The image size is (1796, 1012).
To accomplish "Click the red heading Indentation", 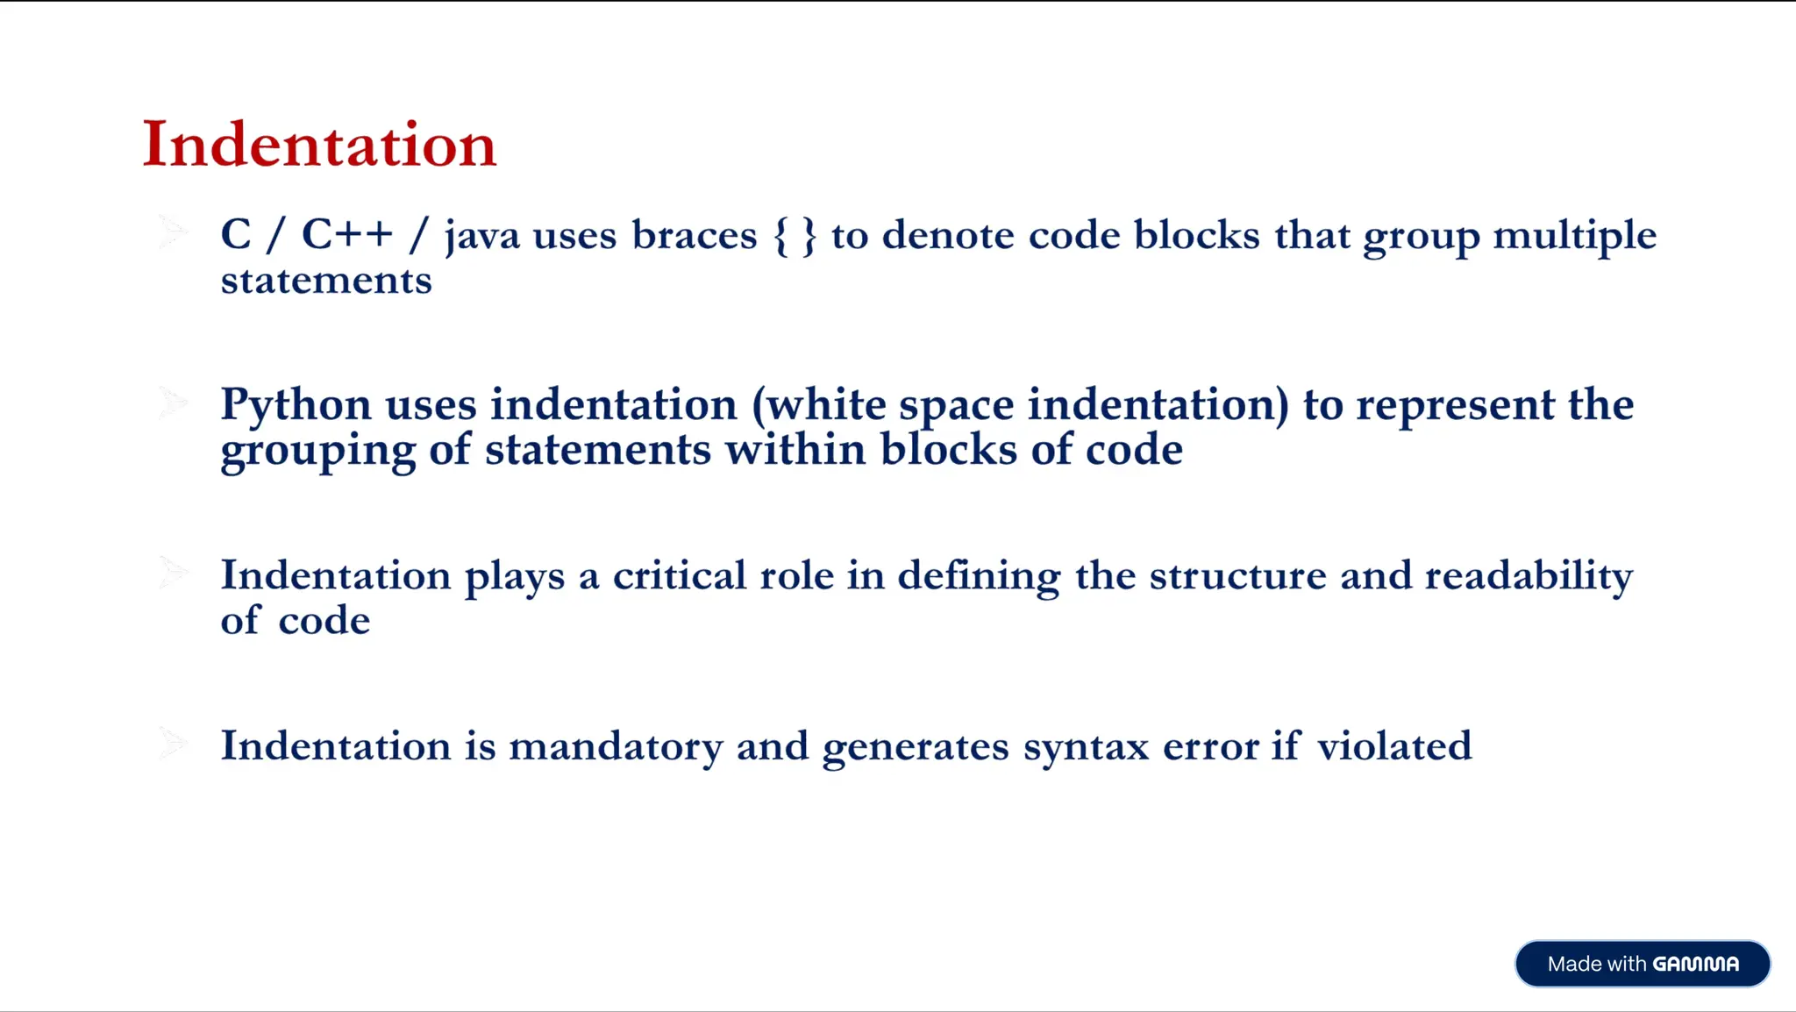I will (319, 145).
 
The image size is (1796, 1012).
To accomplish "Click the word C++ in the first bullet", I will (347, 234).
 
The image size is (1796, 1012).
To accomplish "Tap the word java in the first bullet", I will (481, 236).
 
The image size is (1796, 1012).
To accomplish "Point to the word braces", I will (694, 235).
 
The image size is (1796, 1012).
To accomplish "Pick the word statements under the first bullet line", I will (326, 281).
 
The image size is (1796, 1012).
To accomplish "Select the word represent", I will (1455, 406).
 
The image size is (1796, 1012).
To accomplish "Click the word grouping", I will (317, 452).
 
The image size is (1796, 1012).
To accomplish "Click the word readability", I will (1529, 576).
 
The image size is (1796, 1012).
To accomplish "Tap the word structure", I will (1237, 575).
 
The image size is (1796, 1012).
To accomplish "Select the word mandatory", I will (616, 746).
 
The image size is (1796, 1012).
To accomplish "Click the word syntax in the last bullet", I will (1086, 747).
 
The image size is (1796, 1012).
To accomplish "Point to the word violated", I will (1393, 746).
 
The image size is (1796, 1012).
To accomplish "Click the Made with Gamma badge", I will (1642, 964).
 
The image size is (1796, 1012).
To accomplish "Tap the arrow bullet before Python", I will (173, 403).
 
